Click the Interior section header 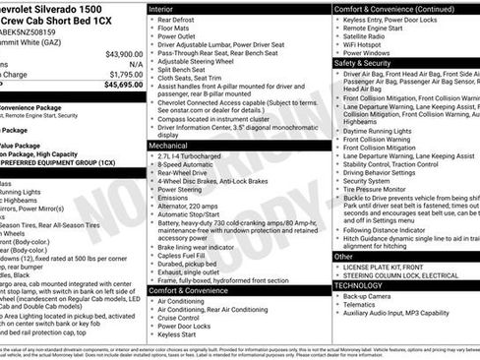168,8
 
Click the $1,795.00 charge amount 127,74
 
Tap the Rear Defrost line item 182,21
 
